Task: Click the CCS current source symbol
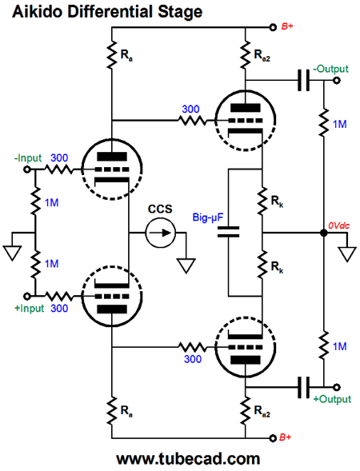(161, 233)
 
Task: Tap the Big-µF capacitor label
(208, 218)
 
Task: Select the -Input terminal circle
(27, 170)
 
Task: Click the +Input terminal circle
(27, 297)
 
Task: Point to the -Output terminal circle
(337, 81)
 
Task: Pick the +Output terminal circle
(337, 388)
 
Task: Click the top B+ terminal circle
(273, 28)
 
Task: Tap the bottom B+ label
(286, 437)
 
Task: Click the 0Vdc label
(338, 226)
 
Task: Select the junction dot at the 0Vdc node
(324, 233)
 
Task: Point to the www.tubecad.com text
(188, 459)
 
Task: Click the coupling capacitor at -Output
(303, 81)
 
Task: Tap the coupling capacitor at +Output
(303, 388)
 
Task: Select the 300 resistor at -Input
(58, 170)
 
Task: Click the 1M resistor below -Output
(324, 122)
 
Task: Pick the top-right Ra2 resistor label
(262, 55)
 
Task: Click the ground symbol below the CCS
(186, 265)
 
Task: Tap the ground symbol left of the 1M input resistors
(12, 253)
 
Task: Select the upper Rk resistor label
(277, 202)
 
